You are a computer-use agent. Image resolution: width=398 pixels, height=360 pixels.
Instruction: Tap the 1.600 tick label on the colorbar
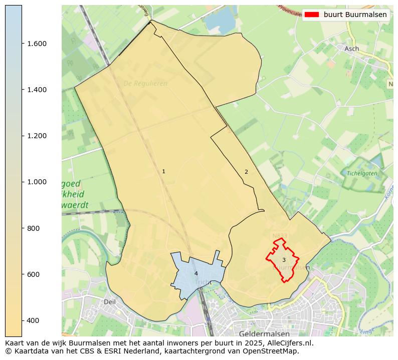(x=37, y=44)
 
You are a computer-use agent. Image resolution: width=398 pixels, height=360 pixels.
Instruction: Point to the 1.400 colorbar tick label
(x=37, y=90)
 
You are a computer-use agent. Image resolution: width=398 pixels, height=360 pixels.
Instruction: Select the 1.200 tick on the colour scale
(x=37, y=136)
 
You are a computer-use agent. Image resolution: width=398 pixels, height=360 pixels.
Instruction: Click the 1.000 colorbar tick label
(x=37, y=182)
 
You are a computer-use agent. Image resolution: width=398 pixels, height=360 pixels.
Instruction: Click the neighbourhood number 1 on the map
(x=163, y=172)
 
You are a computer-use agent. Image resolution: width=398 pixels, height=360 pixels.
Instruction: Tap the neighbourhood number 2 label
(x=246, y=172)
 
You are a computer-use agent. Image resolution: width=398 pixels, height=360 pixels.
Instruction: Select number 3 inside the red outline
(x=284, y=260)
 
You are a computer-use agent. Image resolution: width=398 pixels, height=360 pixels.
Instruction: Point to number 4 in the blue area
(x=196, y=273)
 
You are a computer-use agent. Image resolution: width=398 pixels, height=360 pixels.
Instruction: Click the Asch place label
(x=352, y=49)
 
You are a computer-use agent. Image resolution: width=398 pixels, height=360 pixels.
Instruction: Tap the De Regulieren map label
(x=145, y=84)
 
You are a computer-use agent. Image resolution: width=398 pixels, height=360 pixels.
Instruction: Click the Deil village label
(x=109, y=302)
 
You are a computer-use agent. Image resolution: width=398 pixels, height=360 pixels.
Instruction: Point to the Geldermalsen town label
(x=265, y=333)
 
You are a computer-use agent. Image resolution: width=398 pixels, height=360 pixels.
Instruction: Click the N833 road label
(x=279, y=235)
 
